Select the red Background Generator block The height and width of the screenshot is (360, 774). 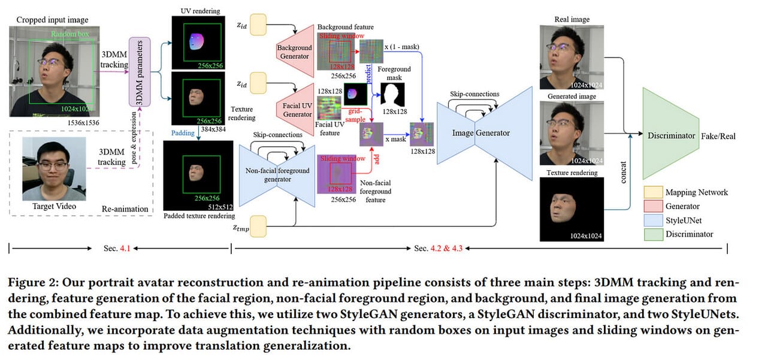[295, 52]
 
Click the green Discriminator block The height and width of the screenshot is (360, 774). [671, 135]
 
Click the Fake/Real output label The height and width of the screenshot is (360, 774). [718, 136]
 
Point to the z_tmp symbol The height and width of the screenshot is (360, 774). [241, 228]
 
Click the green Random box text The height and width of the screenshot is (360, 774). [70, 35]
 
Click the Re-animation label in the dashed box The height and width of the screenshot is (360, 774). [125, 208]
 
